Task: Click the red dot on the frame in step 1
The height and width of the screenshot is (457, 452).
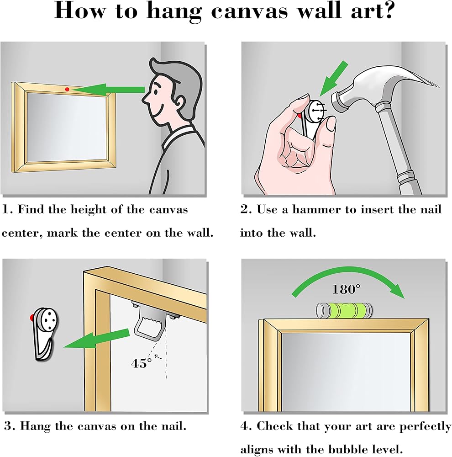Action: (67, 89)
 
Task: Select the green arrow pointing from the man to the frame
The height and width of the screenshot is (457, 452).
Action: (108, 90)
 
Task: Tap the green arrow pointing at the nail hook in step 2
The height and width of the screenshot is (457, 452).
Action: (333, 79)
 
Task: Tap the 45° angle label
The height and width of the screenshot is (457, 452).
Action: (142, 363)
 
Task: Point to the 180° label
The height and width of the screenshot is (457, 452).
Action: (346, 289)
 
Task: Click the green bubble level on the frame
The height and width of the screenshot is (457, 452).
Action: (344, 310)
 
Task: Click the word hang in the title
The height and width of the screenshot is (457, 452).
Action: (174, 12)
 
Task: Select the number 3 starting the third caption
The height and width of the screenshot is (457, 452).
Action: (8, 426)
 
